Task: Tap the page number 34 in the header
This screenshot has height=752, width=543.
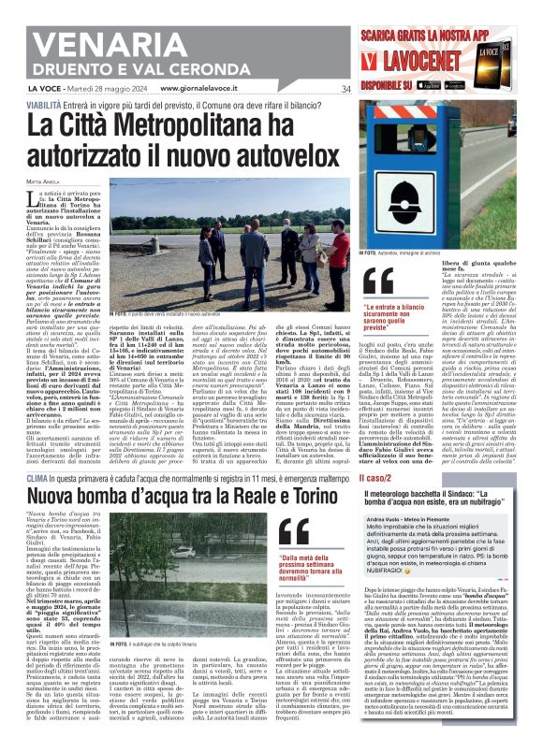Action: (x=345, y=89)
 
